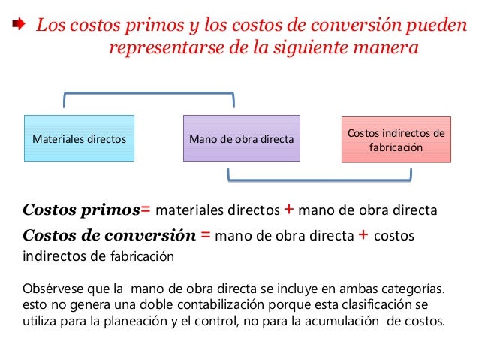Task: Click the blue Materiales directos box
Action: click(x=79, y=138)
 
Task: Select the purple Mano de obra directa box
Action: click(x=242, y=138)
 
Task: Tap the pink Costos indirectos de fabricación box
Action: click(x=396, y=140)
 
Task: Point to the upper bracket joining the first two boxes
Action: click(x=149, y=95)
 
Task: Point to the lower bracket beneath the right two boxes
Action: click(x=319, y=180)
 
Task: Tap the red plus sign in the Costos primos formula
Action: click(x=288, y=209)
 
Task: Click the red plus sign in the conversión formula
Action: click(x=363, y=235)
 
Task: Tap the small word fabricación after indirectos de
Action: click(x=142, y=256)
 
